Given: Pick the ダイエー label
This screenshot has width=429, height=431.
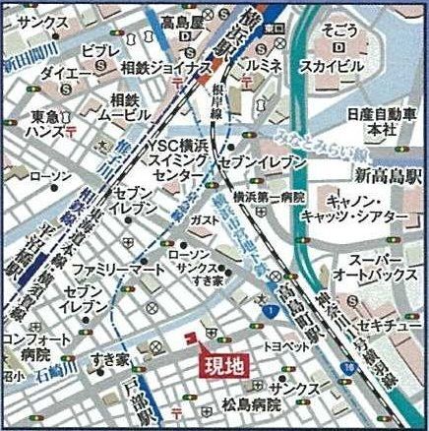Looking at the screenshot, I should pos(67,72).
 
